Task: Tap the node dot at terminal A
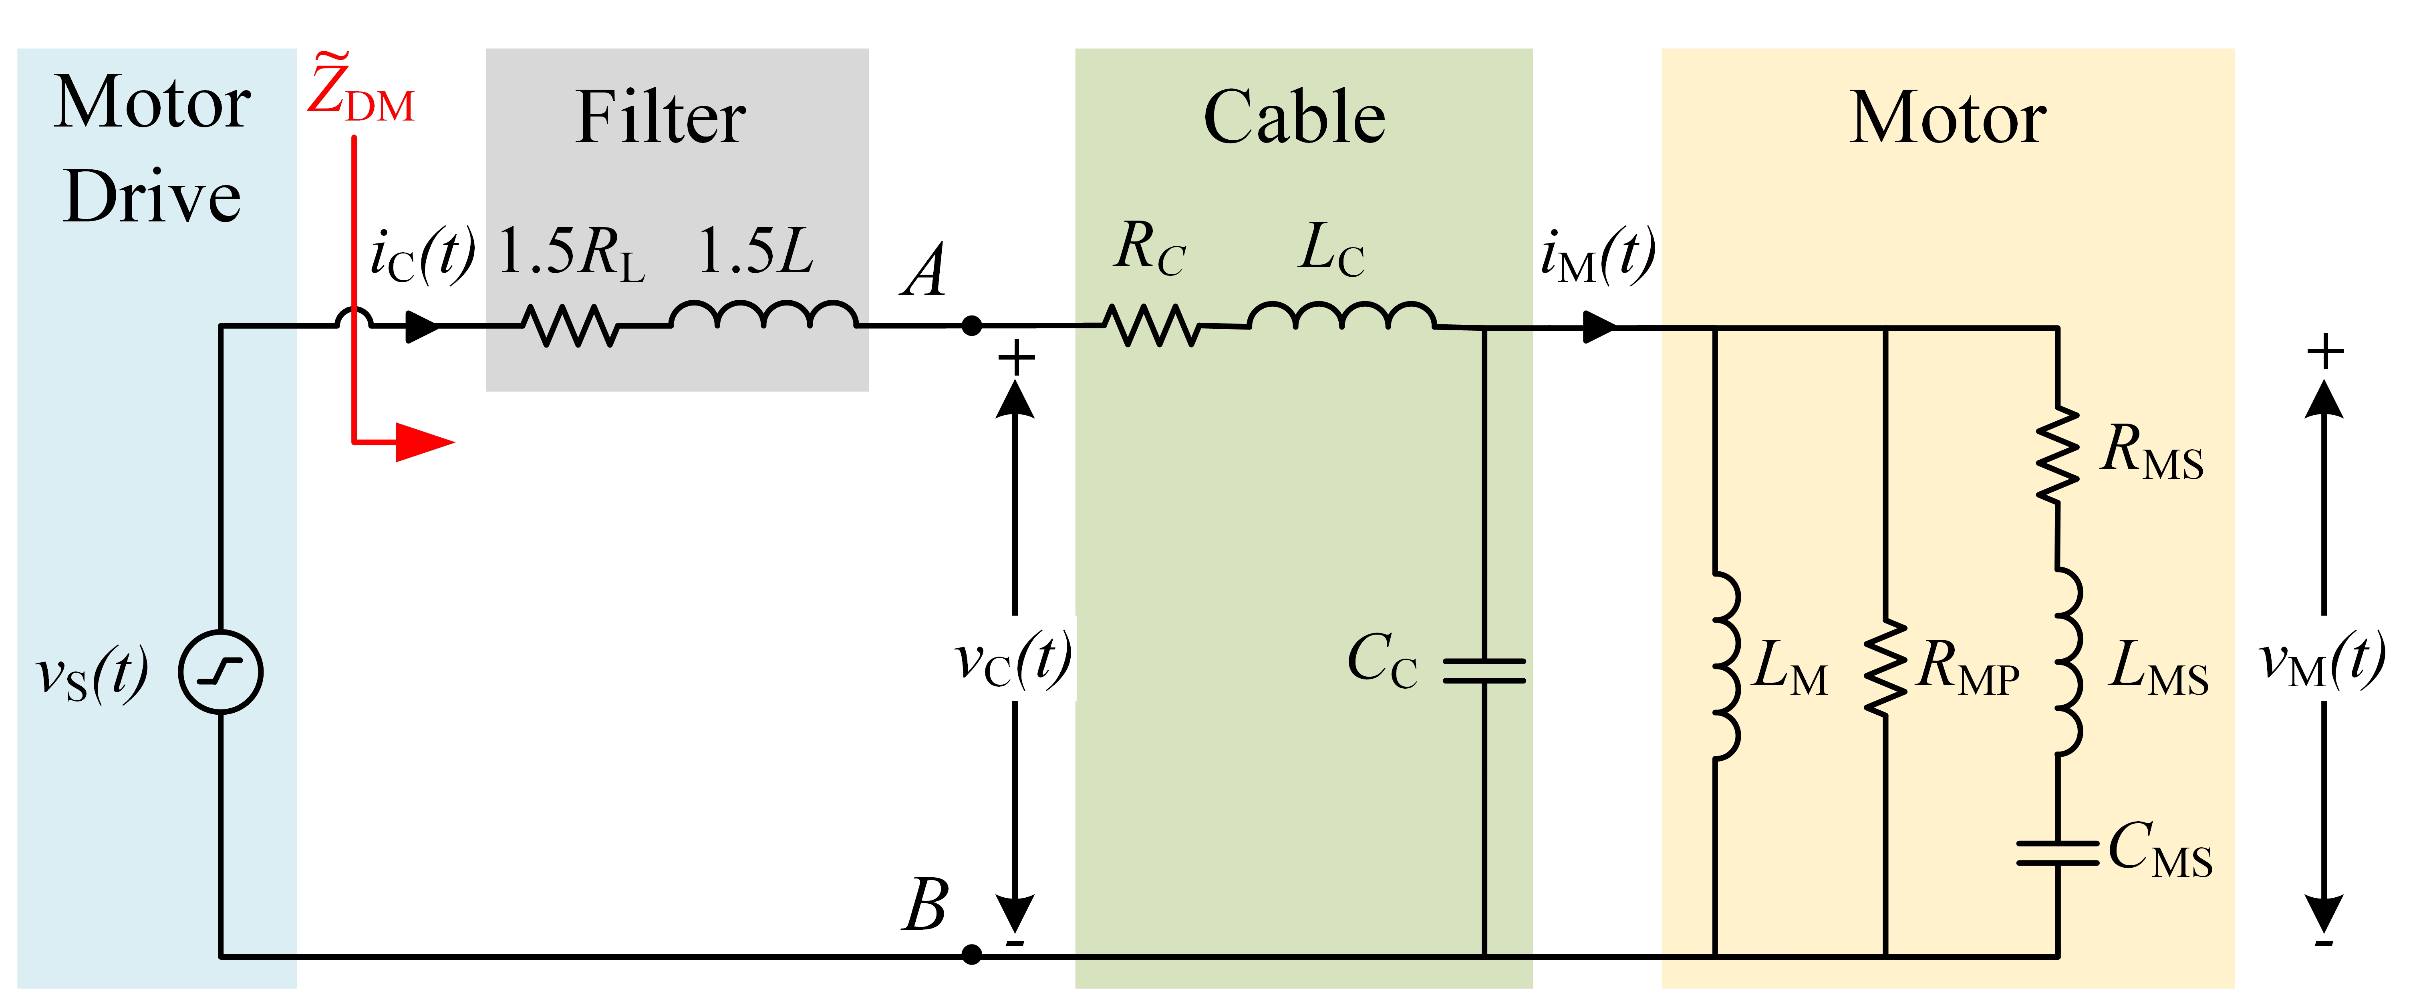[971, 326]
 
